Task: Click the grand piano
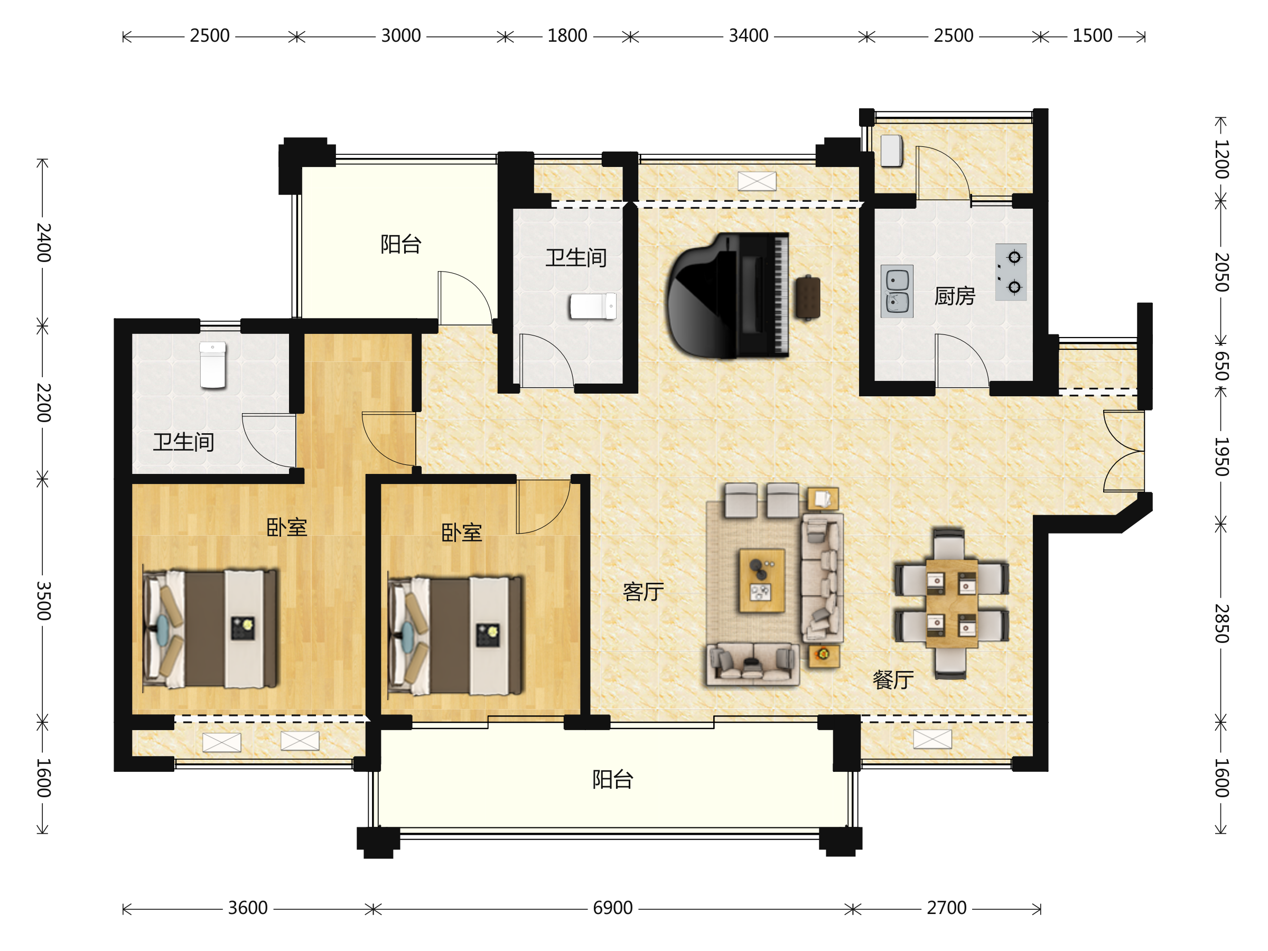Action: click(x=728, y=296)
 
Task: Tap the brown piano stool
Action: click(x=808, y=297)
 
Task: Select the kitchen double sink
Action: click(x=897, y=291)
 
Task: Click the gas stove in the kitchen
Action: click(x=1011, y=272)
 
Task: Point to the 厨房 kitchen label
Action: click(x=955, y=296)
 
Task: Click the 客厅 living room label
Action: click(x=643, y=592)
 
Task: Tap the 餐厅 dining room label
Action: click(x=893, y=680)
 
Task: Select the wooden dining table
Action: click(x=952, y=603)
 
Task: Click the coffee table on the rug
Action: click(x=762, y=581)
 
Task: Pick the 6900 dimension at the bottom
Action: click(x=613, y=908)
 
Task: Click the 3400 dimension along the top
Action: click(x=749, y=35)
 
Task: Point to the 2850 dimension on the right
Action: click(x=1221, y=623)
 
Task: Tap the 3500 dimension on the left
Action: click(x=43, y=601)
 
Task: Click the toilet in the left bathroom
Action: click(x=213, y=365)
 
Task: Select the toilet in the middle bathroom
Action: click(x=593, y=306)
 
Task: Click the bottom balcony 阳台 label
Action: click(x=613, y=780)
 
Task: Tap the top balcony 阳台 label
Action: click(x=401, y=244)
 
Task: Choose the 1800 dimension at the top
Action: click(x=567, y=35)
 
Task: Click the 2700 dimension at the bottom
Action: click(x=947, y=908)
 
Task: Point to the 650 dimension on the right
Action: click(x=1221, y=366)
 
